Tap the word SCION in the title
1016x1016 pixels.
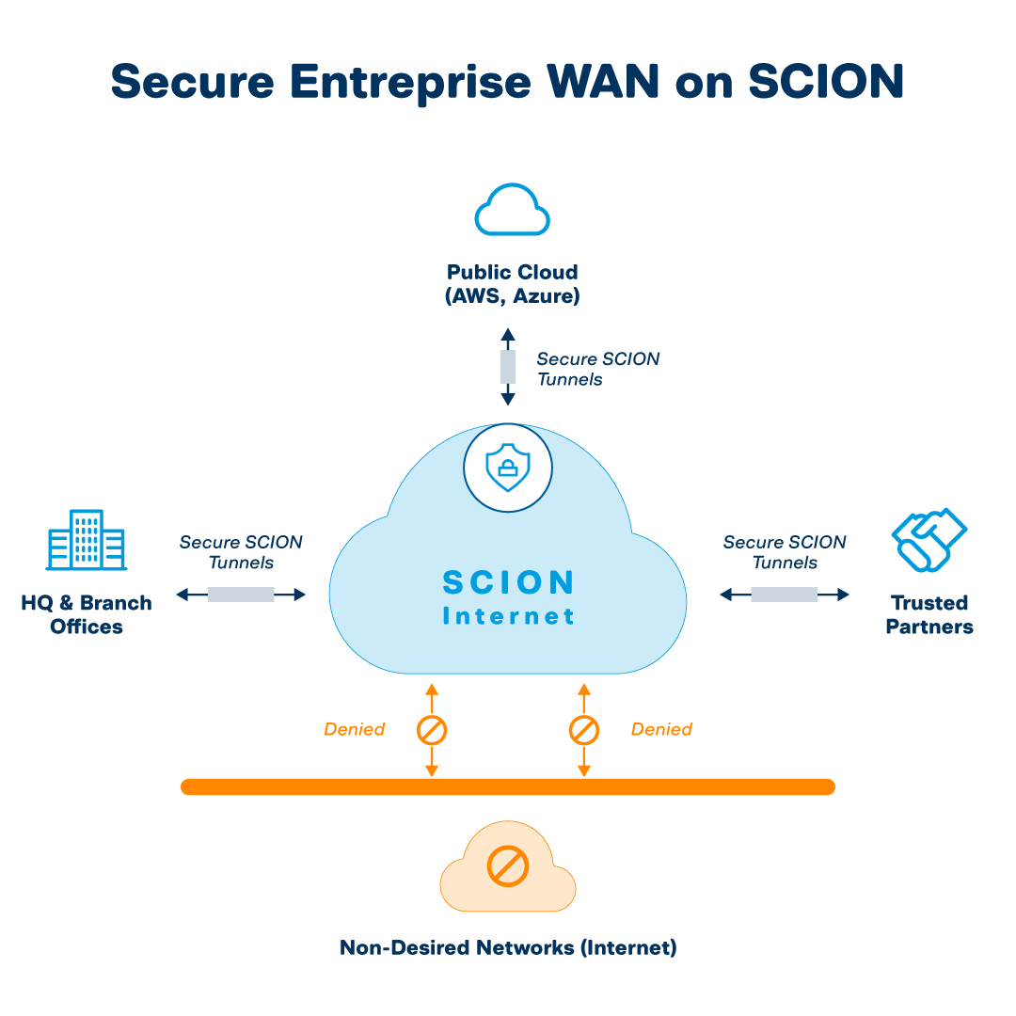(826, 82)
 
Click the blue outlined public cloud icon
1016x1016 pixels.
(512, 210)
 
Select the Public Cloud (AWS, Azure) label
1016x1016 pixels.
(512, 284)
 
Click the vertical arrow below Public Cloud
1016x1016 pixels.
(508, 367)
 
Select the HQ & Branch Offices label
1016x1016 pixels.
(87, 614)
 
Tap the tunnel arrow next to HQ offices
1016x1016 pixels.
(241, 595)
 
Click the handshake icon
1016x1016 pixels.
(929, 540)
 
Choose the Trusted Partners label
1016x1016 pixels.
(929, 614)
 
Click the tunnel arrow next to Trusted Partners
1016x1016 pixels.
(785, 595)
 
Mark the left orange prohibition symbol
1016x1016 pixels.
(432, 730)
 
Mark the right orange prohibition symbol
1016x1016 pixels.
(583, 730)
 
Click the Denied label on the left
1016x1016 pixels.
(355, 729)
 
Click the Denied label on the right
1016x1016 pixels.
(661, 729)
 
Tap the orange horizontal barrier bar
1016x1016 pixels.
(508, 786)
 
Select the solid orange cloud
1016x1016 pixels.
(508, 870)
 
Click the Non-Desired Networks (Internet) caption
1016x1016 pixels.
(508, 947)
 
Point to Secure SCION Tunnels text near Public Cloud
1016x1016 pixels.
(597, 369)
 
